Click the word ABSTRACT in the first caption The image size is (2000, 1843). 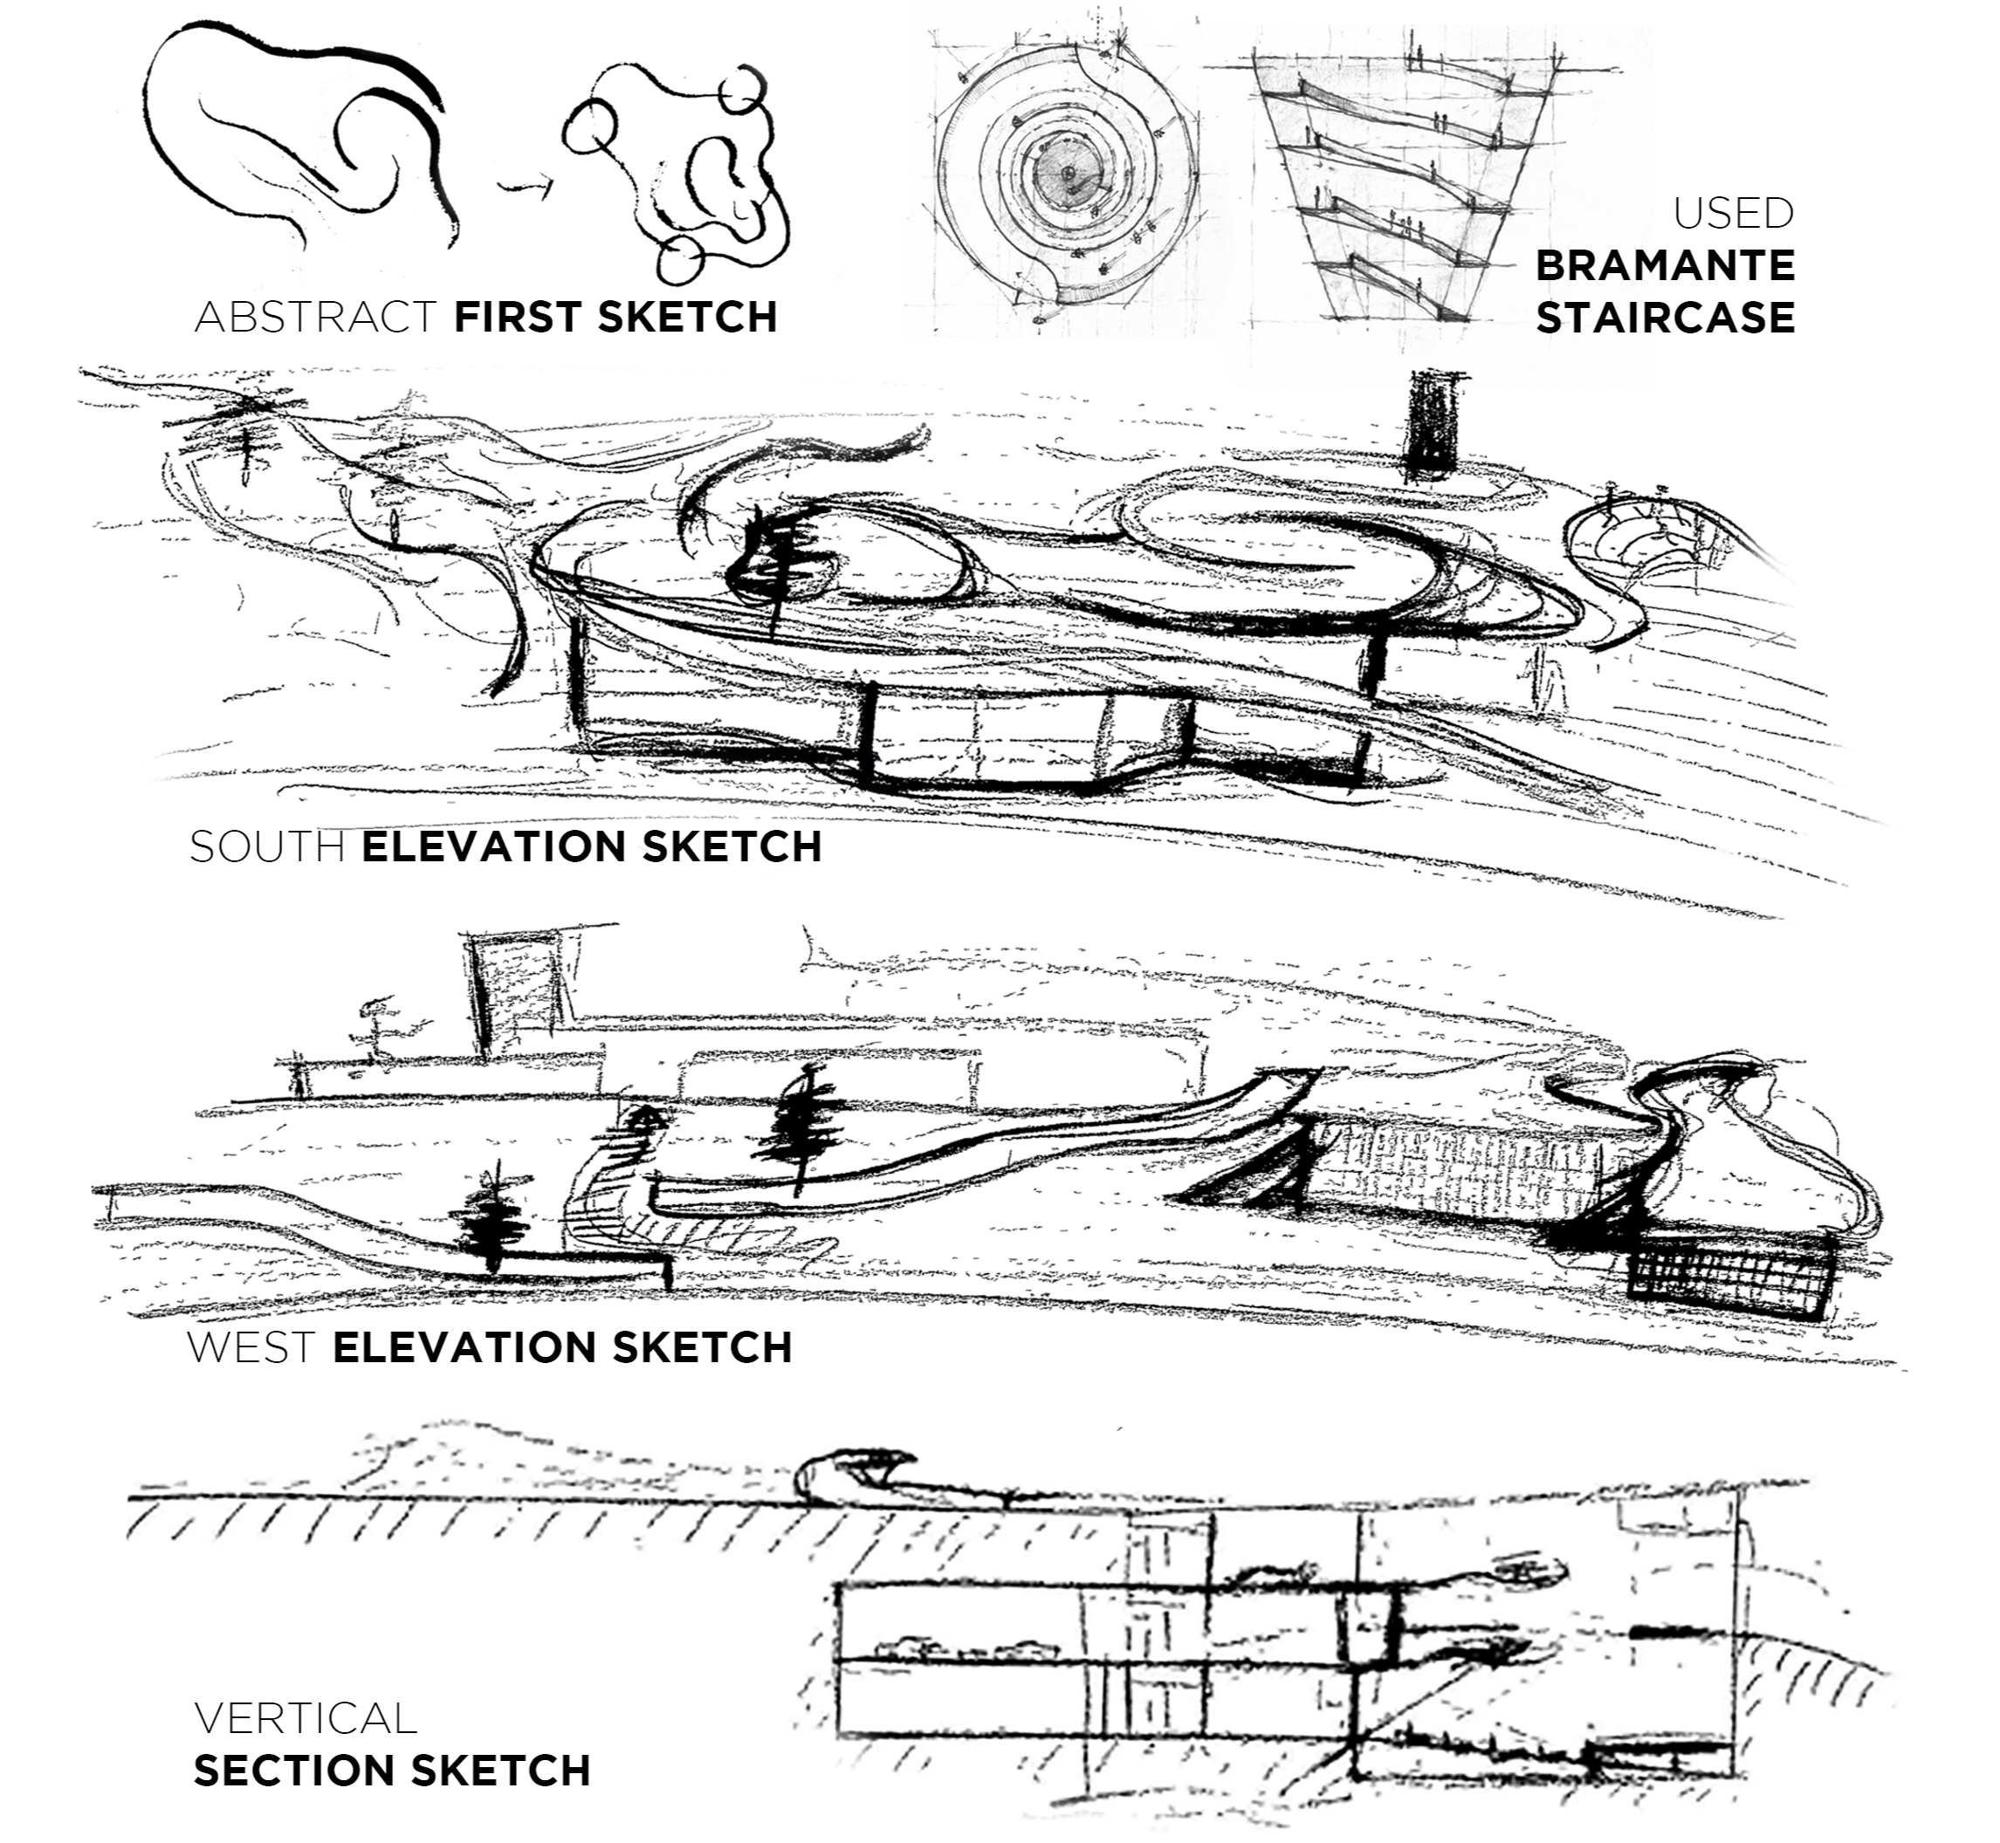(315, 317)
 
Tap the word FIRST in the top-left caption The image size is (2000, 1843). (518, 317)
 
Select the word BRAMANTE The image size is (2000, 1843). (1665, 266)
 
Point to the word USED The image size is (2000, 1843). (1734, 214)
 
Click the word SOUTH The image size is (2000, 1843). (267, 847)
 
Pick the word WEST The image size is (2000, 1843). (251, 1347)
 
